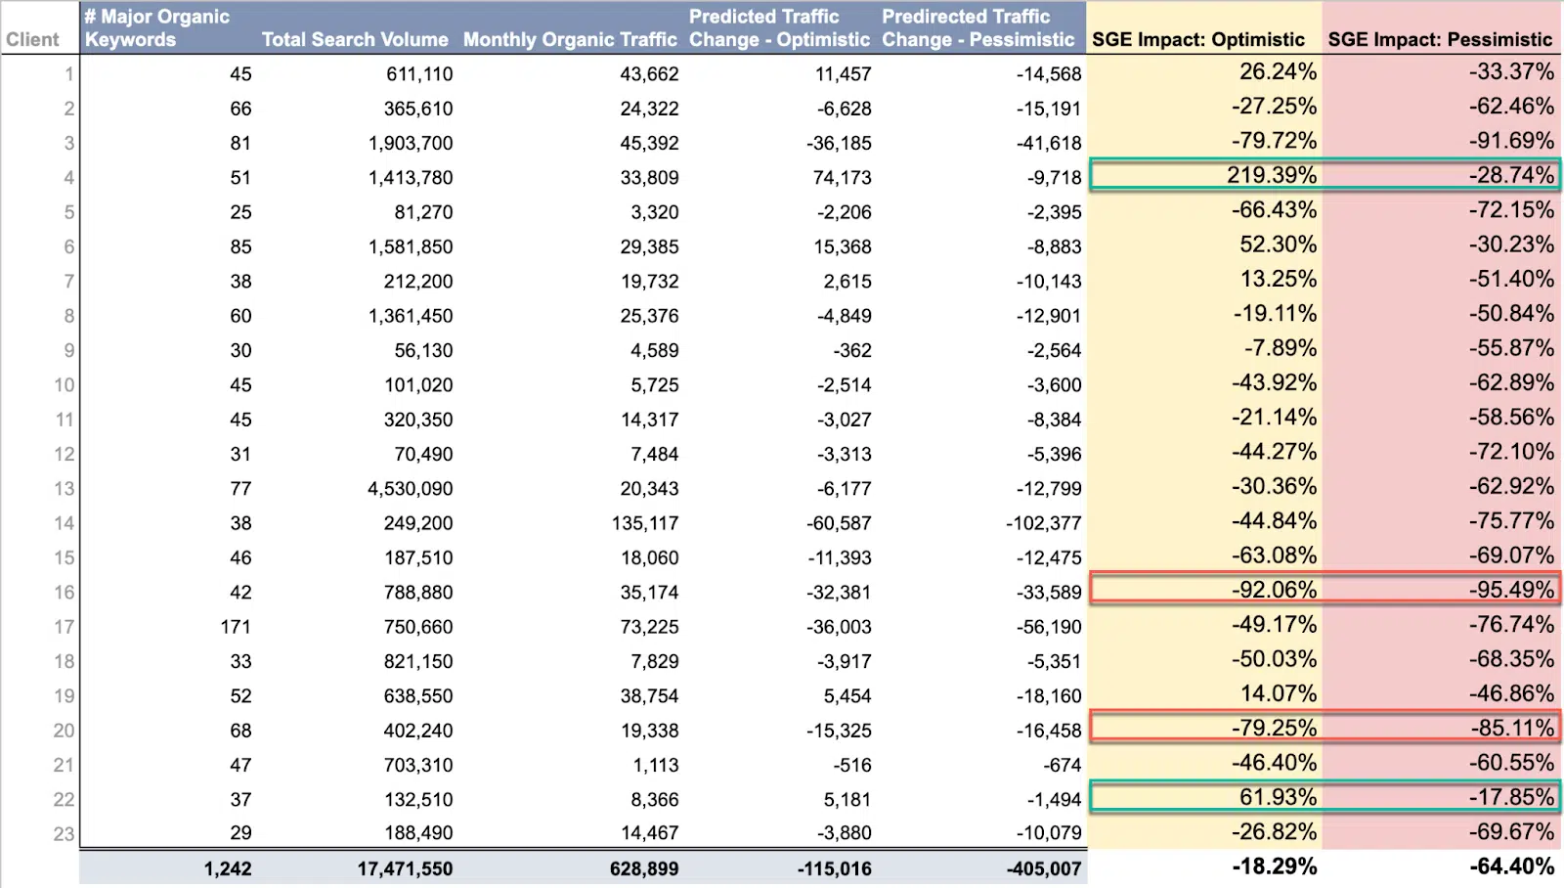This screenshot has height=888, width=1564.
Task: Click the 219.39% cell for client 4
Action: pyautogui.click(x=1271, y=175)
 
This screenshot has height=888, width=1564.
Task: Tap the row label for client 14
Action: pyautogui.click(x=64, y=523)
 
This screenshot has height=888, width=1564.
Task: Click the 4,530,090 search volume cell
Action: pyautogui.click(x=410, y=488)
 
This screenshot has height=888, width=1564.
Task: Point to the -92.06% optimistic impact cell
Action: pyautogui.click(x=1273, y=590)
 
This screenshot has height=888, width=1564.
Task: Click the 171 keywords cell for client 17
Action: pyautogui.click(x=236, y=627)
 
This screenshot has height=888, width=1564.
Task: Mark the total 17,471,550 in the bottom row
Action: pyautogui.click(x=404, y=868)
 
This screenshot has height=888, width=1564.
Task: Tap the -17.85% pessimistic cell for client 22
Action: pyautogui.click(x=1510, y=797)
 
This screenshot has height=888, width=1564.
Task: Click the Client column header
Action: pyautogui.click(x=32, y=40)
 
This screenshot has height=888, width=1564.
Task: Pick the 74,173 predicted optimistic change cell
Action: pyautogui.click(x=842, y=178)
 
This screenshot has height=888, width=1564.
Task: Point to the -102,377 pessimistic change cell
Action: pyautogui.click(x=1043, y=523)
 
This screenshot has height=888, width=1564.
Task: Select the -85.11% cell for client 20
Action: pyautogui.click(x=1510, y=728)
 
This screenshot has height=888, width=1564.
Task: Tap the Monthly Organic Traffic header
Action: pyautogui.click(x=570, y=40)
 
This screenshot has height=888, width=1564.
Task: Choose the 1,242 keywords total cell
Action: pyautogui.click(x=228, y=868)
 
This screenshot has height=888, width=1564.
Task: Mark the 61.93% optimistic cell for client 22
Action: pyautogui.click(x=1277, y=797)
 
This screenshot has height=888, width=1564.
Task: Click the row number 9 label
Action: pyautogui.click(x=68, y=350)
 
